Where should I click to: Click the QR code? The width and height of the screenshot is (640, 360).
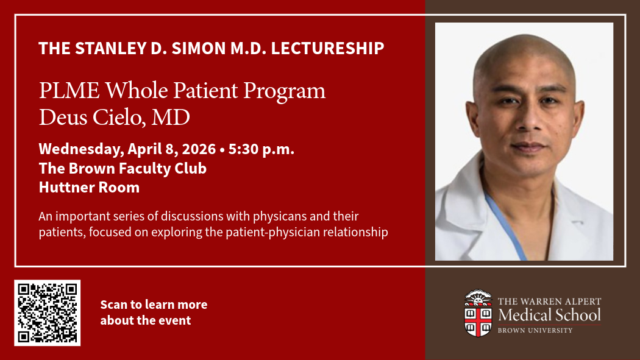pos(48,312)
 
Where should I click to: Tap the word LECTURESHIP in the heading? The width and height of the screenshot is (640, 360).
pos(327,48)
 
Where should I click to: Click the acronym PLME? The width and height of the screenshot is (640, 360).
pos(69,90)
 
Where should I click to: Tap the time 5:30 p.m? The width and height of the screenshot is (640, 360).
pos(261,149)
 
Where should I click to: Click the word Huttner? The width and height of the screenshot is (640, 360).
pos(66,188)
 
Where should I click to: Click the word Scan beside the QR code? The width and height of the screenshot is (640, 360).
pos(113,305)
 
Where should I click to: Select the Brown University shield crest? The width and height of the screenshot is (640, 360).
pos(478,314)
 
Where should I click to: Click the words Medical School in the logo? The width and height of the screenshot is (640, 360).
pos(549,315)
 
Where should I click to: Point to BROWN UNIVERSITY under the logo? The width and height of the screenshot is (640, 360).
pos(535,330)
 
